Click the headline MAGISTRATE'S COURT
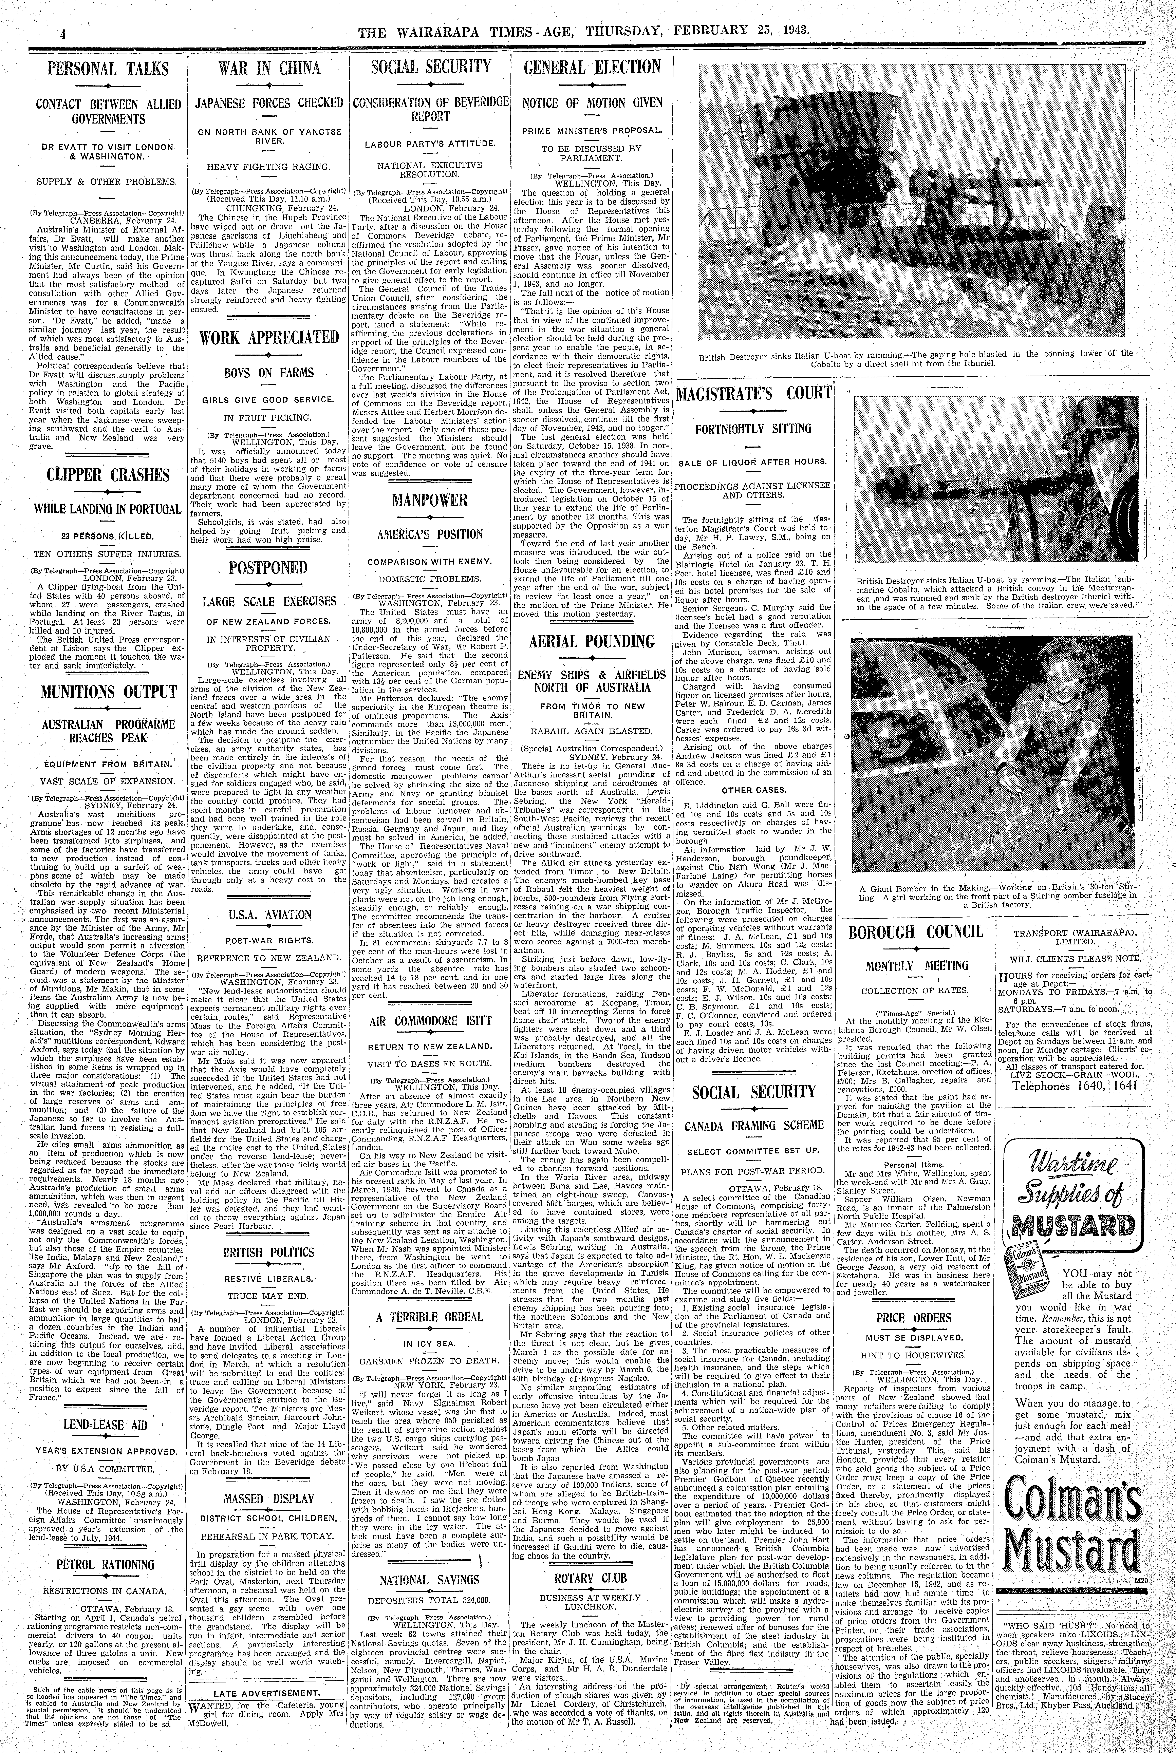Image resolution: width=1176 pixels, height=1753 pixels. coord(754,393)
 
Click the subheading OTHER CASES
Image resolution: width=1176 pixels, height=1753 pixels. coord(754,790)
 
